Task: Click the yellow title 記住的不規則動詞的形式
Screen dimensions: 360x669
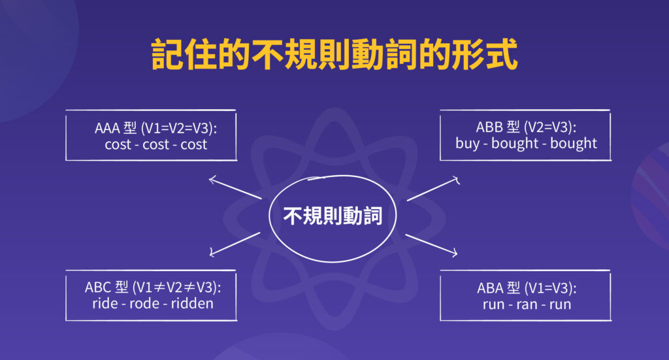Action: tap(334, 54)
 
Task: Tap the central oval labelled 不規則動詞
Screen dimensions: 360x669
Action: tap(333, 216)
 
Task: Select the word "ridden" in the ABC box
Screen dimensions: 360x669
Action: tap(192, 304)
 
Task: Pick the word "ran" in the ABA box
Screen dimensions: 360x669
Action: tap(525, 304)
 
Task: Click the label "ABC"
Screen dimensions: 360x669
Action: tap(98, 287)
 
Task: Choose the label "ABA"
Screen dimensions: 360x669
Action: tap(491, 288)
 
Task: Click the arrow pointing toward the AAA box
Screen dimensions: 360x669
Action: tap(234, 188)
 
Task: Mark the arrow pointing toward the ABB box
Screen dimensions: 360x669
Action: tap(432, 188)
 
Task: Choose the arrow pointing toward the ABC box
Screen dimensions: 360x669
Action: tap(235, 243)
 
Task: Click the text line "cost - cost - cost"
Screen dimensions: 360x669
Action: tap(155, 144)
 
